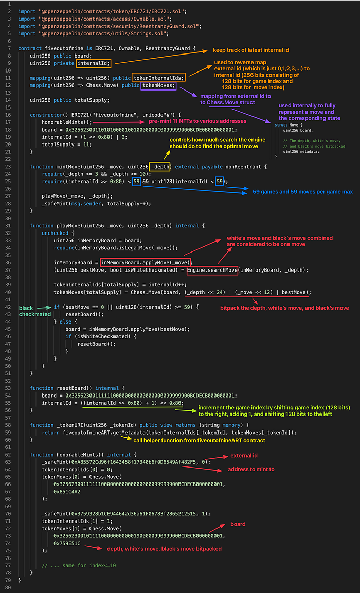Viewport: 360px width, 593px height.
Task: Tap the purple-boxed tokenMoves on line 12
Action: point(158,85)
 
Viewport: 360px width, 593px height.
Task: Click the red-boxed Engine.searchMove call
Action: point(212,270)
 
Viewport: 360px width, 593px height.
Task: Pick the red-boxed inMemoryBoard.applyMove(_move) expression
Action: point(146,262)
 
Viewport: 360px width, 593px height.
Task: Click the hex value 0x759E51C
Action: point(70,543)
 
